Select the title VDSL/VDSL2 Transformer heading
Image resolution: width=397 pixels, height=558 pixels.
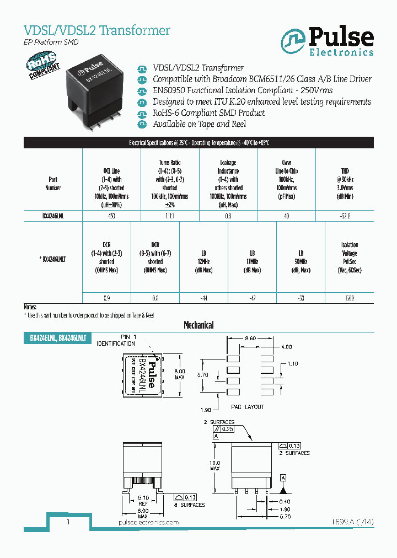(96, 30)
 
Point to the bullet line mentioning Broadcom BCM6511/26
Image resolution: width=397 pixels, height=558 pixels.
(262, 79)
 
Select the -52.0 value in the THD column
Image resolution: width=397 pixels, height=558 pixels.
(345, 216)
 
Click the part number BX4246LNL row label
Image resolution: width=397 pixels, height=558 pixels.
(53, 216)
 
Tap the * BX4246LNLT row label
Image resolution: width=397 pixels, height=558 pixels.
(52, 257)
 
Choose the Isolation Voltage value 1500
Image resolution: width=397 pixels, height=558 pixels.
(349, 298)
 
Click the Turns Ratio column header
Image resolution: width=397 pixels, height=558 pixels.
(170, 183)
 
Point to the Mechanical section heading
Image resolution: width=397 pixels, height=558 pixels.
(198, 325)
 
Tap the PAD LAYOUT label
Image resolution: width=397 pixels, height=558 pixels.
(247, 407)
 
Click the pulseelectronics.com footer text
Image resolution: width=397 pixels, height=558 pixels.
(149, 522)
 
